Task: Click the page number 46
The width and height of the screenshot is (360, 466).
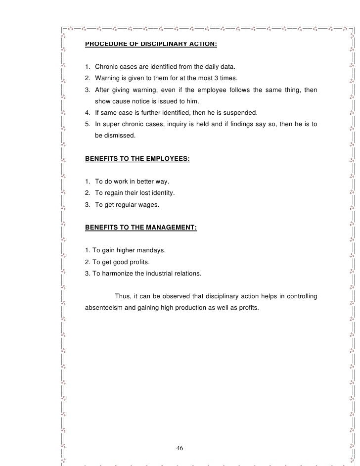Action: click(180, 448)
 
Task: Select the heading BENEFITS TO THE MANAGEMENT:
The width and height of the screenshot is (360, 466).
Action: click(141, 228)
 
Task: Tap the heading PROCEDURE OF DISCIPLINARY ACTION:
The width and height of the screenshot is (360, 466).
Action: click(151, 43)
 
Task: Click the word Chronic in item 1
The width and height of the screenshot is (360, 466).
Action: click(107, 66)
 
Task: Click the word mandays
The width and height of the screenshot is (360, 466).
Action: click(150, 251)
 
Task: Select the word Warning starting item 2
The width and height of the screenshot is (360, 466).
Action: click(108, 78)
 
